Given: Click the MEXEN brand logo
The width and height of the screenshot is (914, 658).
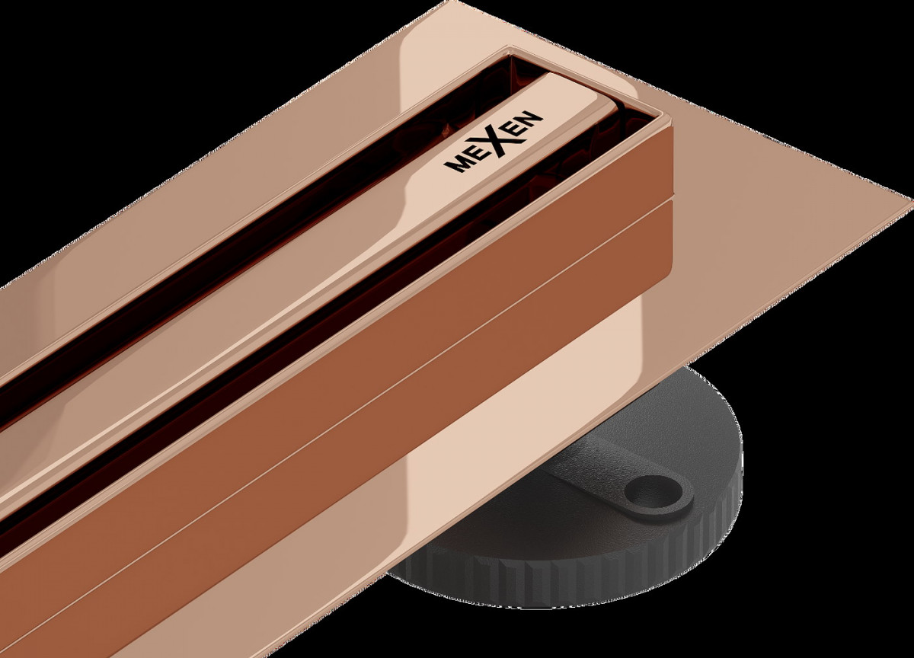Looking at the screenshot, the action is click(x=494, y=141).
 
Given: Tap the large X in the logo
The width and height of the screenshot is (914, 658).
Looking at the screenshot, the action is click(x=497, y=140).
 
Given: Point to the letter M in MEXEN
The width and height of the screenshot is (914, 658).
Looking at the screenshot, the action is click(x=455, y=164).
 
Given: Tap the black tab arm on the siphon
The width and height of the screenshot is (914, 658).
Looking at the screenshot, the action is click(x=612, y=481).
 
